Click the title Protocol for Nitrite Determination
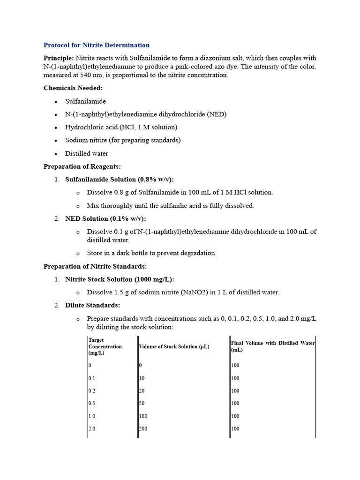tap(97, 45)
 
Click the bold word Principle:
tap(59, 58)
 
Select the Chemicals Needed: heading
tap(73, 88)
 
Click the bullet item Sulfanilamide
tap(85, 101)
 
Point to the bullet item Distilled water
tap(86, 153)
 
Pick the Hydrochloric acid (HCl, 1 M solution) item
tap(121, 127)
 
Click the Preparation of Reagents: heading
tap(82, 166)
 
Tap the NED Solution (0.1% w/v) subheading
tap(105, 218)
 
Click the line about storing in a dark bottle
tap(151, 253)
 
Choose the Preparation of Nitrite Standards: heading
tap(95, 266)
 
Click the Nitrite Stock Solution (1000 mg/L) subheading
tap(120, 279)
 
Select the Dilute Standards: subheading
tap(92, 305)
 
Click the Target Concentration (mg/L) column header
tap(105, 346)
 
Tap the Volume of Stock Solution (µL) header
tap(174, 347)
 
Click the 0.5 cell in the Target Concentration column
tap(92, 404)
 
